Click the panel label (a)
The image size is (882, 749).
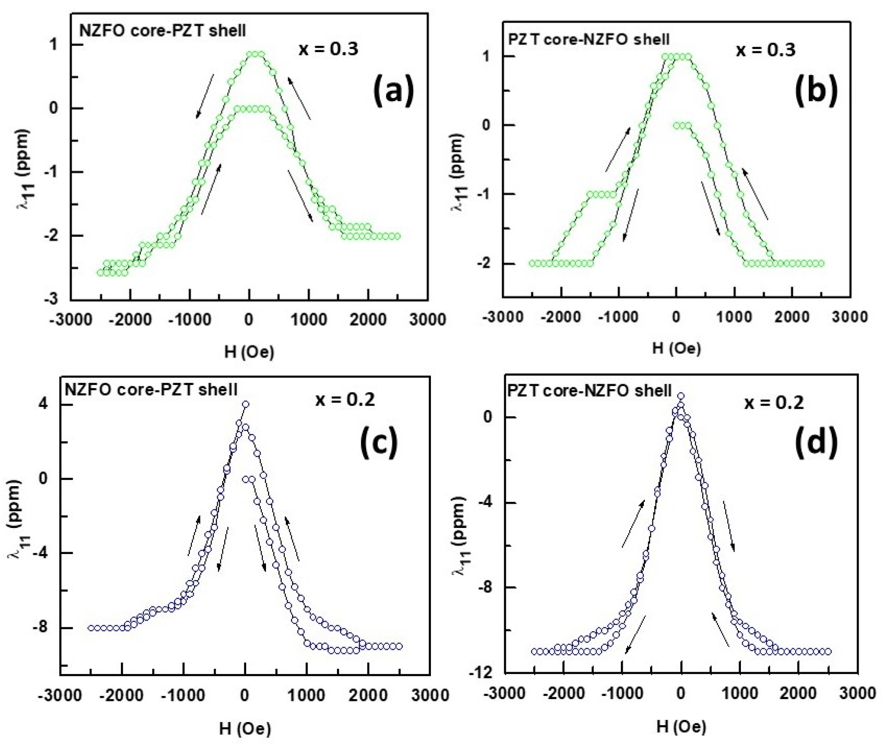click(x=393, y=90)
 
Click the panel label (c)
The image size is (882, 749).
click(x=378, y=442)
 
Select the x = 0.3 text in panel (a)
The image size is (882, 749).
click(x=328, y=49)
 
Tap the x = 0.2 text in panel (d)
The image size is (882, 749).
click(x=774, y=402)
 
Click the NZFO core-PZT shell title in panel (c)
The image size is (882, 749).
click(x=151, y=389)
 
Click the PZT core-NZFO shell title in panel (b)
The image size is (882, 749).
click(x=589, y=39)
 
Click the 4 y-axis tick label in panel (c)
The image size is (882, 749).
click(x=43, y=404)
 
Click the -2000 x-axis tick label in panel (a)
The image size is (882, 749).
click(x=130, y=319)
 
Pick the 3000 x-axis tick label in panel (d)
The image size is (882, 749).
click(x=857, y=693)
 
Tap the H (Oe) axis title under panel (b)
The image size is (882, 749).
click(x=676, y=348)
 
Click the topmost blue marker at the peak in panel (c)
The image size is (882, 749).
click(x=245, y=404)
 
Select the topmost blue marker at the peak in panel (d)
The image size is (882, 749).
click(x=681, y=396)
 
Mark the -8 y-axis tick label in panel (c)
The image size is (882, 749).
click(x=40, y=628)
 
